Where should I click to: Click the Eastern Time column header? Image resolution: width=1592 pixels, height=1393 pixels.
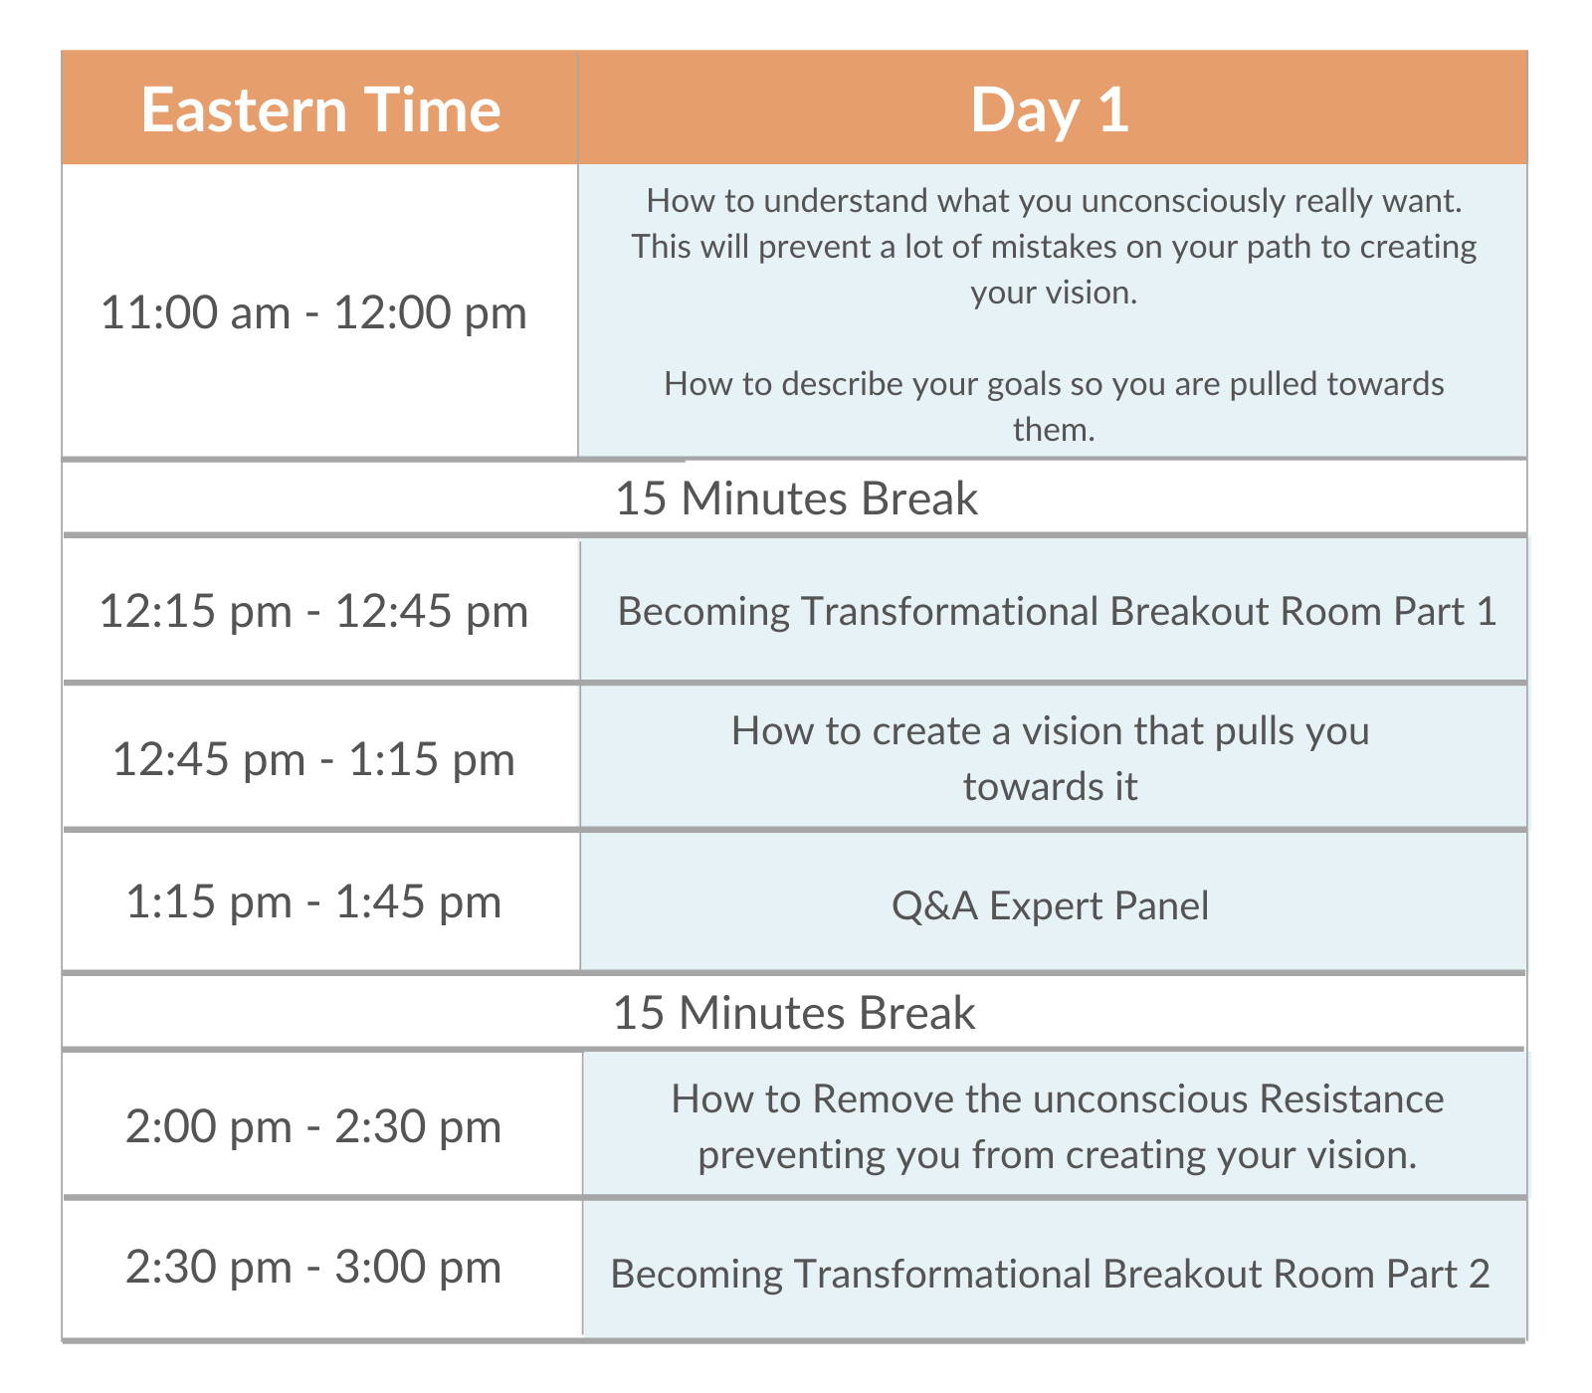click(320, 109)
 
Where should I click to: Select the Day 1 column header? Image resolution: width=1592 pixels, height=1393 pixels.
click(1050, 109)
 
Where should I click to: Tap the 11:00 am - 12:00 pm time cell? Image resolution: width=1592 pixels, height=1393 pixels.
click(313, 312)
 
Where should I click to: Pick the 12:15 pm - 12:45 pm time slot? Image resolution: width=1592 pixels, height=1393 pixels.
click(313, 611)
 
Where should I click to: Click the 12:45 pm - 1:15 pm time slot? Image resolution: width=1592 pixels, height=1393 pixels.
click(313, 759)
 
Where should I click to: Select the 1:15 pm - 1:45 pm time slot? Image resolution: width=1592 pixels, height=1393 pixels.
click(313, 902)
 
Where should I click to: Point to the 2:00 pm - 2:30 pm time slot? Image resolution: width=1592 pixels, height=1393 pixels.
click(313, 1126)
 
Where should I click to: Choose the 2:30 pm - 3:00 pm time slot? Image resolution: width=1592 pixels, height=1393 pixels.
click(313, 1267)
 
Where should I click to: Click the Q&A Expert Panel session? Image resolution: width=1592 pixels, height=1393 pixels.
click(1050, 906)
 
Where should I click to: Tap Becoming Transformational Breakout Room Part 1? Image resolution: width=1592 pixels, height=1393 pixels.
click(1057, 611)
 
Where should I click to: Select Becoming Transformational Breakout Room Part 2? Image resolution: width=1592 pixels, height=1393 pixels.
click(1050, 1274)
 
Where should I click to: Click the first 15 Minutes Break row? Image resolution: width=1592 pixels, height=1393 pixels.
click(796, 498)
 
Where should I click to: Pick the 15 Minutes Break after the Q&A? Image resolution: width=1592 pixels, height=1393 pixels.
click(794, 1013)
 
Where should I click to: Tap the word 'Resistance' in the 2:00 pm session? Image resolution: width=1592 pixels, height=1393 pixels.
click(1351, 1099)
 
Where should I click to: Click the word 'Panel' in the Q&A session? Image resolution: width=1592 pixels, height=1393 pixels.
click(1162, 906)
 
